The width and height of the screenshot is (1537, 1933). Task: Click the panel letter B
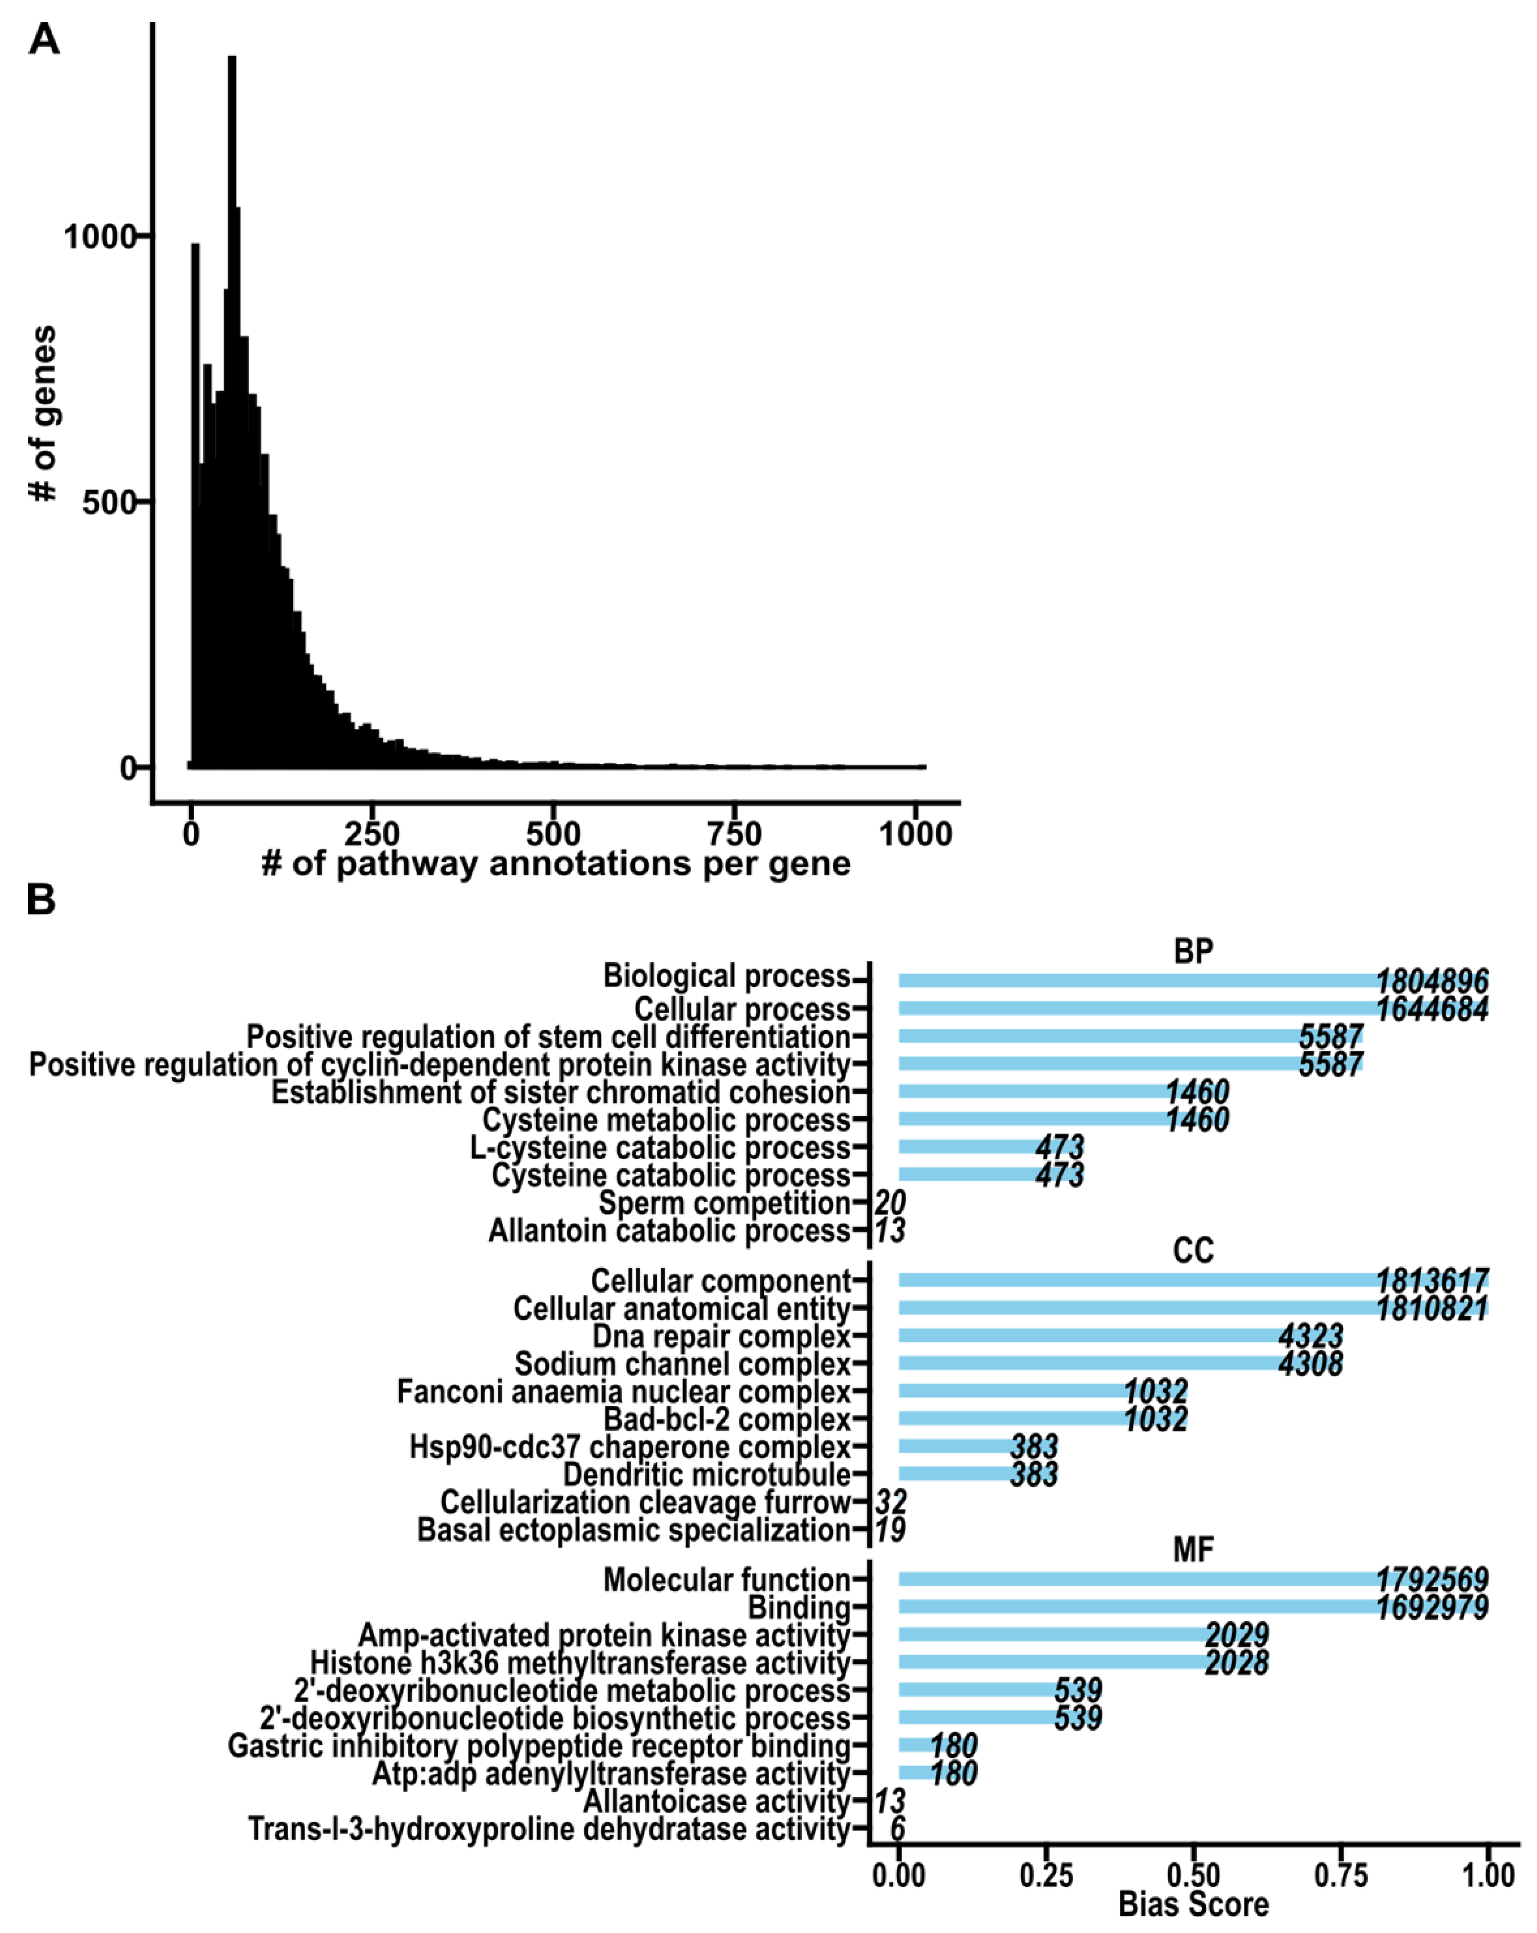pyautogui.click(x=41, y=899)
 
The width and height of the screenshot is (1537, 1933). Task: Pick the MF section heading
pyautogui.click(x=1193, y=1549)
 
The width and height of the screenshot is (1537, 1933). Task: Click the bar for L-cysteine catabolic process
pyautogui.click(x=969, y=1147)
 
